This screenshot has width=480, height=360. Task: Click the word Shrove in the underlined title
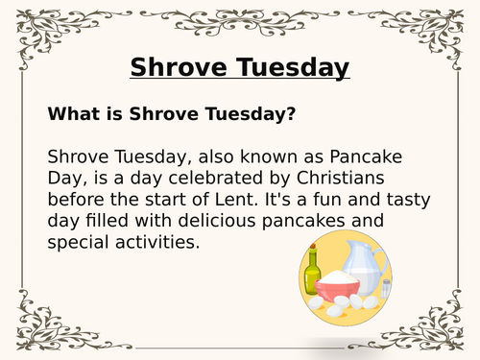click(x=174, y=68)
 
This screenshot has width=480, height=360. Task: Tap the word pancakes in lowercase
click(x=323, y=221)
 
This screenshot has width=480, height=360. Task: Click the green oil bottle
click(x=313, y=278)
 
